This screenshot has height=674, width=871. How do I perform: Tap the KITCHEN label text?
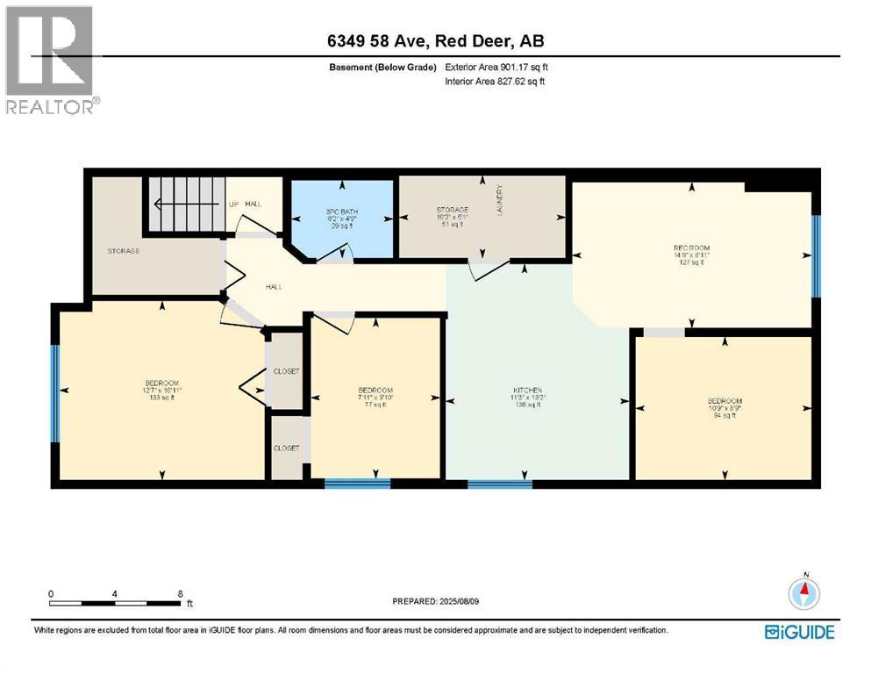click(x=527, y=391)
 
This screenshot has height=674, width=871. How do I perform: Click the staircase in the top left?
click(x=187, y=204)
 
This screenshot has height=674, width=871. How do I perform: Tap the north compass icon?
click(x=804, y=593)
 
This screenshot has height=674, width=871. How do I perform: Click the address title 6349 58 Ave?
click(x=435, y=41)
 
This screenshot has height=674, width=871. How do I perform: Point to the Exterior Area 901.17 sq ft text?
click(x=496, y=67)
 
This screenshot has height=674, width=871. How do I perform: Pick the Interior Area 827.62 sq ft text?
click(x=496, y=82)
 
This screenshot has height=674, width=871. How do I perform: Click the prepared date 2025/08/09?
click(x=435, y=602)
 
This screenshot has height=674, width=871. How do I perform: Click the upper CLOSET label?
click(x=286, y=371)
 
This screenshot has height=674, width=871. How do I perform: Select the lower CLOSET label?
click(x=286, y=448)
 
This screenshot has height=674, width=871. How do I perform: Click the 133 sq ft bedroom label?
click(x=162, y=388)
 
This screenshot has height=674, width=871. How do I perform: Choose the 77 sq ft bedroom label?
click(x=375, y=397)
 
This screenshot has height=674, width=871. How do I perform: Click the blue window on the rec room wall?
click(x=817, y=255)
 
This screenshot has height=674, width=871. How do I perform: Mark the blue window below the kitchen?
click(x=499, y=483)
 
